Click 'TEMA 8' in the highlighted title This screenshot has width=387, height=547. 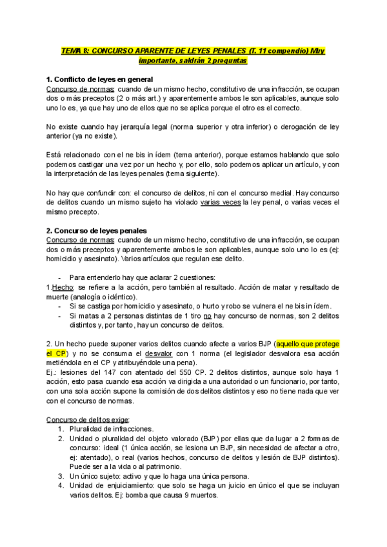pos(74,51)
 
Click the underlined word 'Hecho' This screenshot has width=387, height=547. pos(63,287)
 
